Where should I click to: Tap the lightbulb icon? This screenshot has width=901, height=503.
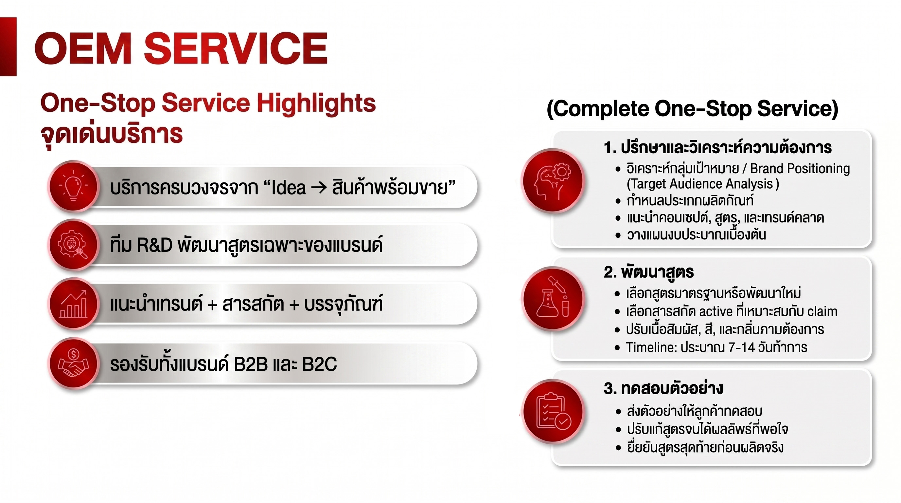[74, 186]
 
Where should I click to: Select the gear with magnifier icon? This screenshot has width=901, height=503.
[73, 244]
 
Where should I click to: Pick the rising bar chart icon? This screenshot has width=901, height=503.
[74, 304]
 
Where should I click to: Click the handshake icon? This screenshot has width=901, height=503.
[74, 363]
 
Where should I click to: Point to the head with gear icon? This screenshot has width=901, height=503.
[552, 181]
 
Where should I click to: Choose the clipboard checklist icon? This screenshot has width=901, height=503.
[553, 411]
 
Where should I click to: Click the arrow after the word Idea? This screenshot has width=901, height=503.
[319, 188]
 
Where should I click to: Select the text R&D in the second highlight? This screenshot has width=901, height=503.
[154, 245]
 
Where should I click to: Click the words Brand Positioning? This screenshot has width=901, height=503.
[800, 169]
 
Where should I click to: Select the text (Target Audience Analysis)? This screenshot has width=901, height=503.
[703, 184]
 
